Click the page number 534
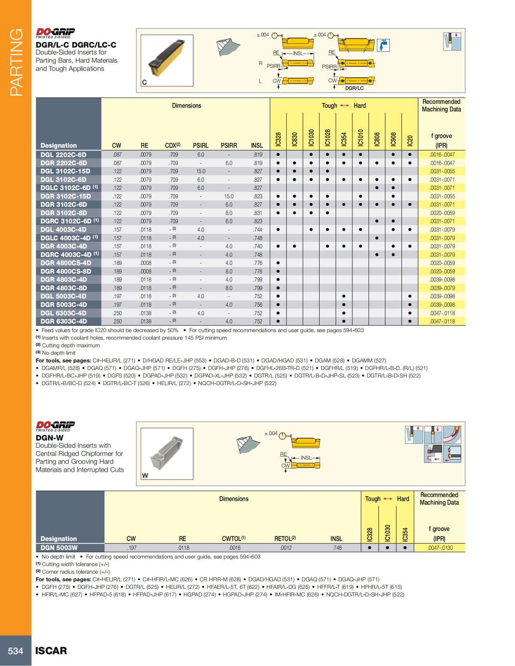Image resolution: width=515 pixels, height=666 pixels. tap(15, 651)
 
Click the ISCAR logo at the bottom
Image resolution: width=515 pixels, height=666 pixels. tap(51, 651)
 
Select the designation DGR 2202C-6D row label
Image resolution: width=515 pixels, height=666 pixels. tap(64, 163)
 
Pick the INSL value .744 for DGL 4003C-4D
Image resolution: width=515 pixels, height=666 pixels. tap(257, 229)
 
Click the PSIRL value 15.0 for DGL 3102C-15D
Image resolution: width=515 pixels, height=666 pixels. tap(200, 171)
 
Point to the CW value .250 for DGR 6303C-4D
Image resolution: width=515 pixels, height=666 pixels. tap(117, 321)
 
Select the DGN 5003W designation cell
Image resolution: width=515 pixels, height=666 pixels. tap(59, 548)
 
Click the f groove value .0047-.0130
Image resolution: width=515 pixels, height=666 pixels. tap(439, 548)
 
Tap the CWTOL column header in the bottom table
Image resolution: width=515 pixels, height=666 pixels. tap(233, 539)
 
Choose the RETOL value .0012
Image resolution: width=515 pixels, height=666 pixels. tap(286, 548)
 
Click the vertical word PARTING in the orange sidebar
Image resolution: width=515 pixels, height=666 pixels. tap(16, 62)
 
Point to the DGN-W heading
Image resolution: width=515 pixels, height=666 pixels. tap(49, 438)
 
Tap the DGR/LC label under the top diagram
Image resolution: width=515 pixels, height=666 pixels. tap(354, 88)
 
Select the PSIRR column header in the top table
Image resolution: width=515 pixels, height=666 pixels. tap(229, 146)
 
